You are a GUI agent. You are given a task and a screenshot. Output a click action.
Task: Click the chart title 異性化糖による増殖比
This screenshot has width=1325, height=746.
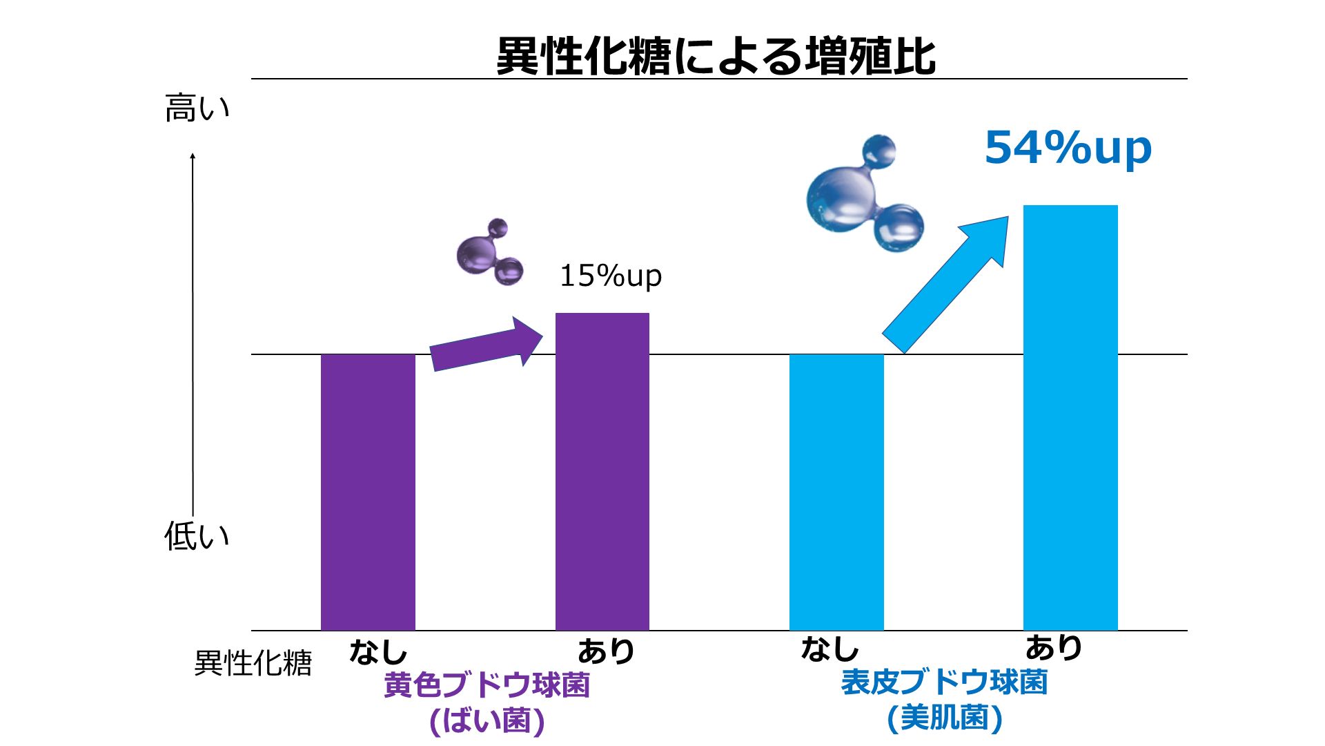716,55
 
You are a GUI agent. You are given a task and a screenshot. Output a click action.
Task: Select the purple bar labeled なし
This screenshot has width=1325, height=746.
368,492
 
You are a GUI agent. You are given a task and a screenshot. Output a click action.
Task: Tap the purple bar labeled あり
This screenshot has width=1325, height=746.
602,471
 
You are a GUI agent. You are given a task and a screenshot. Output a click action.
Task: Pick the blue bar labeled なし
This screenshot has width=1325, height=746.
836,492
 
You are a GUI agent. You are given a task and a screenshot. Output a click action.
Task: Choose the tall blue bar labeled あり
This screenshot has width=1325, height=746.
1070,417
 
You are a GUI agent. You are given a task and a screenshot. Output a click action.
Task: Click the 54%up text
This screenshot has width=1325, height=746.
1068,148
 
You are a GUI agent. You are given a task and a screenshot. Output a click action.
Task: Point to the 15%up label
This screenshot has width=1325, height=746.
610,276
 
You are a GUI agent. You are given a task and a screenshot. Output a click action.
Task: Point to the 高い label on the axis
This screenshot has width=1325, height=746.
197,108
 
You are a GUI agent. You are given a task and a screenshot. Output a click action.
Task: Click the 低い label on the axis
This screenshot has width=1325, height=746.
197,536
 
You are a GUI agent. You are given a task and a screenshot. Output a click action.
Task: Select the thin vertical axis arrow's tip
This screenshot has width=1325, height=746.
193,155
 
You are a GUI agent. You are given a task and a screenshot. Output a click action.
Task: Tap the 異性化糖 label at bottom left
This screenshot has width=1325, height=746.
253,663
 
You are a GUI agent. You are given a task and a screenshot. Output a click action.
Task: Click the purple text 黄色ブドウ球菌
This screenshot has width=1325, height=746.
487,685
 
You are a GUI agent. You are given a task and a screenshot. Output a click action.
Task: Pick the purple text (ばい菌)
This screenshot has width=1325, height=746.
487,721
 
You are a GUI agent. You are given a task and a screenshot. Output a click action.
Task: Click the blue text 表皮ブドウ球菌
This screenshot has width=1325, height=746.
944,682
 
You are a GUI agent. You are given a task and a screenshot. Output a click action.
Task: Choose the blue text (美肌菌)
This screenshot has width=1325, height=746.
944,718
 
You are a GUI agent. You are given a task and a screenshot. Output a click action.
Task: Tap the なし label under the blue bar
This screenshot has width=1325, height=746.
830,649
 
